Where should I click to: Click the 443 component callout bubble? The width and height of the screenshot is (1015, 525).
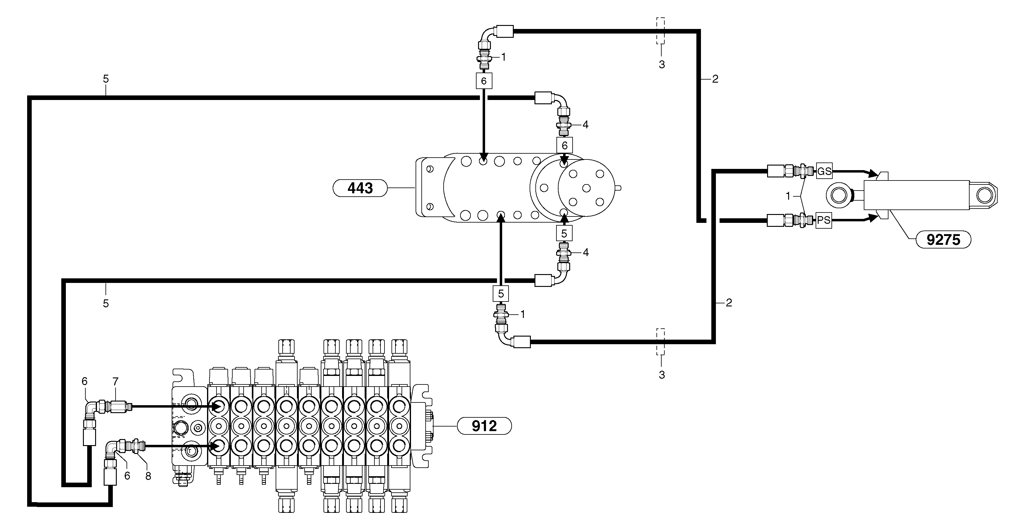coord(360,188)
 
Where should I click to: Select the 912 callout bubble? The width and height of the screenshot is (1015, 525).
coord(484,426)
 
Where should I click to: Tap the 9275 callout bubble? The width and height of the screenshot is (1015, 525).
coord(943,239)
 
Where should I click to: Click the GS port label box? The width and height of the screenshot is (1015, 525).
coord(824,171)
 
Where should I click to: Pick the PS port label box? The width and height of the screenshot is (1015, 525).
coord(824,220)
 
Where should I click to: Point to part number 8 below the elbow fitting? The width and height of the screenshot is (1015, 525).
coord(148,476)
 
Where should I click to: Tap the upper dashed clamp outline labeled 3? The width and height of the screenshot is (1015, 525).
coord(660,30)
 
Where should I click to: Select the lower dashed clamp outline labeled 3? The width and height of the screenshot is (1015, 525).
coord(660,341)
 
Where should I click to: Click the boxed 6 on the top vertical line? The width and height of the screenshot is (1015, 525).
coord(484,81)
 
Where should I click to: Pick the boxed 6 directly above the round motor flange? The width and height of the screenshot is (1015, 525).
coord(564,145)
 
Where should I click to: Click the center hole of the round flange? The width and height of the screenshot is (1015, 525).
coord(586,188)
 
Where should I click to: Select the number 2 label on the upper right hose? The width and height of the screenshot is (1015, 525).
coord(715,79)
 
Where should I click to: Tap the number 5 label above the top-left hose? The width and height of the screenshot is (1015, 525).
coord(105,79)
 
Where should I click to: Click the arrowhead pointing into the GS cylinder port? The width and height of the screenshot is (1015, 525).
coord(872,173)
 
